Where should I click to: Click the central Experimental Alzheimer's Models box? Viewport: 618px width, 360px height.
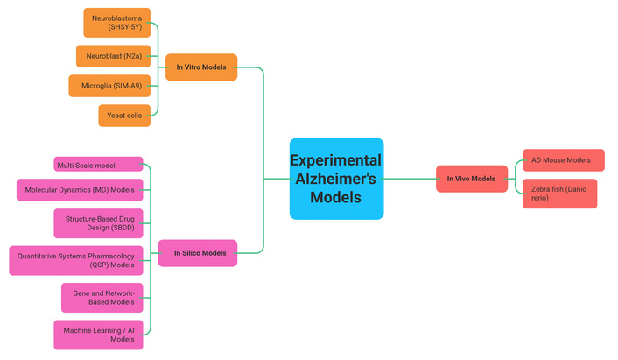click(x=336, y=179)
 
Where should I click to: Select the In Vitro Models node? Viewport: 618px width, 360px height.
click(x=200, y=67)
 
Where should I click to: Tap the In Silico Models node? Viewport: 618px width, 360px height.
click(x=199, y=253)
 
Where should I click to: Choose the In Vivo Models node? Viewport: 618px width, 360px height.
click(x=471, y=179)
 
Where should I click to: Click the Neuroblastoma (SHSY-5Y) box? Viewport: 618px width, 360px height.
click(x=116, y=22)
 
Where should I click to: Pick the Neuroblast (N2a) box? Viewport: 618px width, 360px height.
click(x=113, y=55)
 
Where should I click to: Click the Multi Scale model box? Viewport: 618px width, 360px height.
click(x=98, y=165)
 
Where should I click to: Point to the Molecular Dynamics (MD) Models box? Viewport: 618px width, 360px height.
click(x=80, y=190)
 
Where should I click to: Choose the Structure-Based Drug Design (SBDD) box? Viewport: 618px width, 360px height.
click(x=98, y=223)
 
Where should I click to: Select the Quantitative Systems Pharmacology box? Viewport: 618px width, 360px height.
click(x=75, y=260)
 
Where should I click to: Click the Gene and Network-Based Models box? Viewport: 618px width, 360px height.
click(x=102, y=297)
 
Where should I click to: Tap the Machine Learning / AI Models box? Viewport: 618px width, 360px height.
click(x=98, y=334)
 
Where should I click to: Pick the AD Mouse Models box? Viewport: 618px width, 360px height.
click(x=560, y=160)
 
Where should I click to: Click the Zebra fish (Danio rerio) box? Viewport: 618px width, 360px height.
click(x=559, y=194)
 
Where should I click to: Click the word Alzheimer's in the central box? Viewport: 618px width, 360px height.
click(x=336, y=179)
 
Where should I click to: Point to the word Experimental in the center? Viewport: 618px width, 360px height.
click(x=336, y=160)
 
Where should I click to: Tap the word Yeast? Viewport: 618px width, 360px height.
click(x=112, y=115)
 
